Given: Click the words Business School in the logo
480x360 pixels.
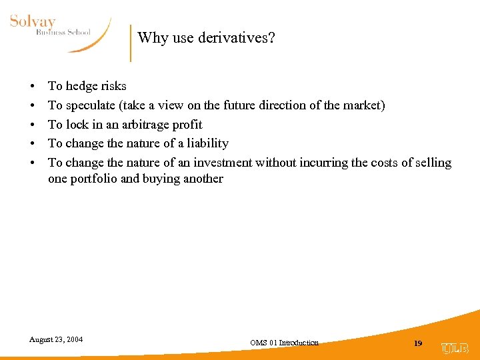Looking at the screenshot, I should click(x=63, y=33).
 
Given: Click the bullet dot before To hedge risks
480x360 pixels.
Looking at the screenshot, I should click(x=32, y=87).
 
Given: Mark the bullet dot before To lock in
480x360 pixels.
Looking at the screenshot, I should click(x=32, y=125).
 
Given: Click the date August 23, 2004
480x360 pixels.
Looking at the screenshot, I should click(x=56, y=339).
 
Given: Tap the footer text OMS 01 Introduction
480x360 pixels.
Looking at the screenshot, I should click(x=284, y=343).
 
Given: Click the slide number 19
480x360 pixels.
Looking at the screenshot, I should click(x=418, y=343).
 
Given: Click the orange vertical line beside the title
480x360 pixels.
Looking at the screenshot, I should click(x=131, y=43).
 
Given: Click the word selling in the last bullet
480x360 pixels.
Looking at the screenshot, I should click(x=433, y=163).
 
